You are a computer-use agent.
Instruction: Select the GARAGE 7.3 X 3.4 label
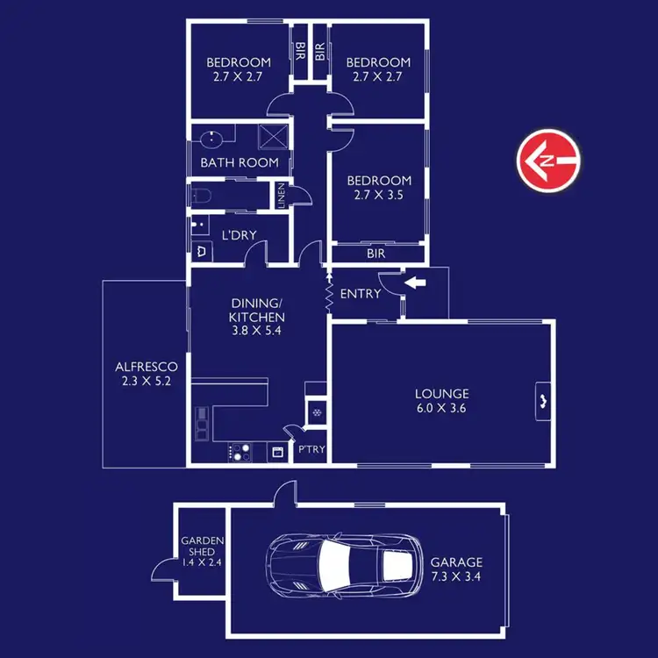[455, 569]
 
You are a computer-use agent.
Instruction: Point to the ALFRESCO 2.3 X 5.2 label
[147, 374]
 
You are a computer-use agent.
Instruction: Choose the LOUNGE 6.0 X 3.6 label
[442, 400]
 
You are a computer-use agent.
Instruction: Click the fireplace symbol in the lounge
[543, 403]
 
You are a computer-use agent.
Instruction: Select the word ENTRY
[361, 294]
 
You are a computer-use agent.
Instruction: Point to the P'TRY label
[311, 449]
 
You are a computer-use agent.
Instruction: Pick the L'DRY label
[238, 236]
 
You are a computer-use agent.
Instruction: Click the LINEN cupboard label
[281, 195]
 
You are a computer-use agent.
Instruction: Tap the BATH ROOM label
[240, 162]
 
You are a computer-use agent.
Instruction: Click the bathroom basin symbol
[211, 138]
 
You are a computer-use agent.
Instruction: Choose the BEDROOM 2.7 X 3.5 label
[378, 188]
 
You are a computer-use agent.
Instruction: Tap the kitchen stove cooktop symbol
[240, 453]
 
